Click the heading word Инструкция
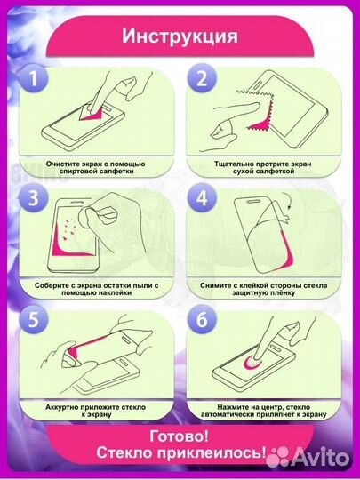[180, 36]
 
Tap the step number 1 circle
[34, 78]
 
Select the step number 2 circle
[202, 78]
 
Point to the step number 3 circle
[34, 198]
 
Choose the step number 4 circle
[202, 198]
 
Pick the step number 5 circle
[34, 320]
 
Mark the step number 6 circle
[202, 320]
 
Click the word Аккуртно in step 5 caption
[62, 407]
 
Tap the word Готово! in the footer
[180, 436]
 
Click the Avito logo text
[319, 458]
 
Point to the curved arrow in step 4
[287, 200]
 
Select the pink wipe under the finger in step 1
[92, 115]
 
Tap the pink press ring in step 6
[252, 364]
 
